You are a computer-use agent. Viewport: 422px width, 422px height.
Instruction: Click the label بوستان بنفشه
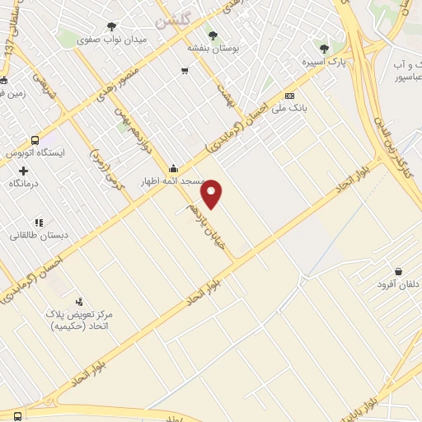pos(213,48)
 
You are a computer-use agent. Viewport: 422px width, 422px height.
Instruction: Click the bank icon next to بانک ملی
pos(289,96)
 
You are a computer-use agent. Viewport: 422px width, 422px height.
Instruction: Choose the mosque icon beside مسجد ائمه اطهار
pos(173,168)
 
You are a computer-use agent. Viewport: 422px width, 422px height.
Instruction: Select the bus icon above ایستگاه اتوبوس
pos(35,140)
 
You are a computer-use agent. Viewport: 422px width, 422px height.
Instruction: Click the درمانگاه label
pos(25,183)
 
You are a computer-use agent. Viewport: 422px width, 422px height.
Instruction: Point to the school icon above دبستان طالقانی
pos(39,222)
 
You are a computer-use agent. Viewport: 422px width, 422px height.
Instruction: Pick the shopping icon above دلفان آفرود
pos(398,271)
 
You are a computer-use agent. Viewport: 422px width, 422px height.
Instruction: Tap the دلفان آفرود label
pos(392,284)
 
